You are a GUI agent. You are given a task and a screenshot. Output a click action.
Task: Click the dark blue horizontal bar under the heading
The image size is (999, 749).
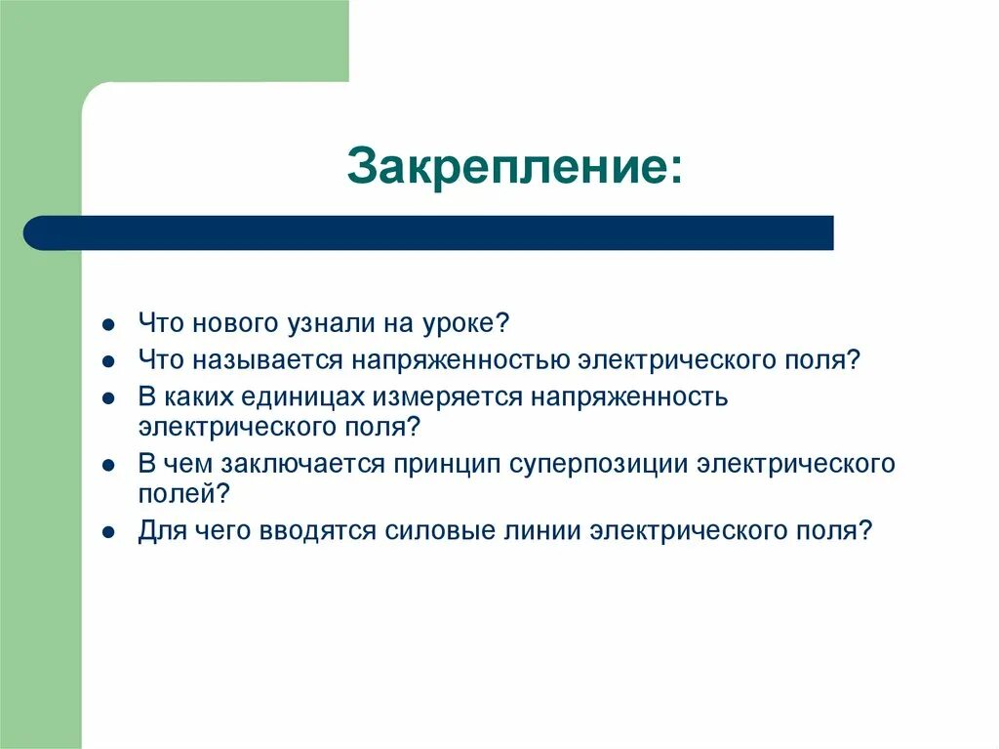click(429, 233)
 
